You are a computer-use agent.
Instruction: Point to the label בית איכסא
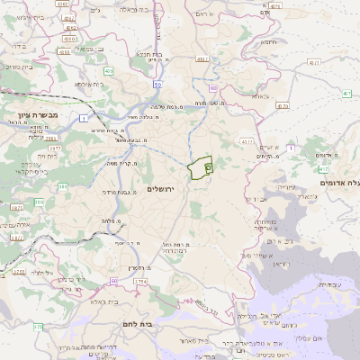tap(90, 83)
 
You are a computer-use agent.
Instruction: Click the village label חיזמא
tap(269, 41)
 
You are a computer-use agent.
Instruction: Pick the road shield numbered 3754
tap(139, 282)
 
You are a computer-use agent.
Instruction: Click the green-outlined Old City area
tap(199, 166)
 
